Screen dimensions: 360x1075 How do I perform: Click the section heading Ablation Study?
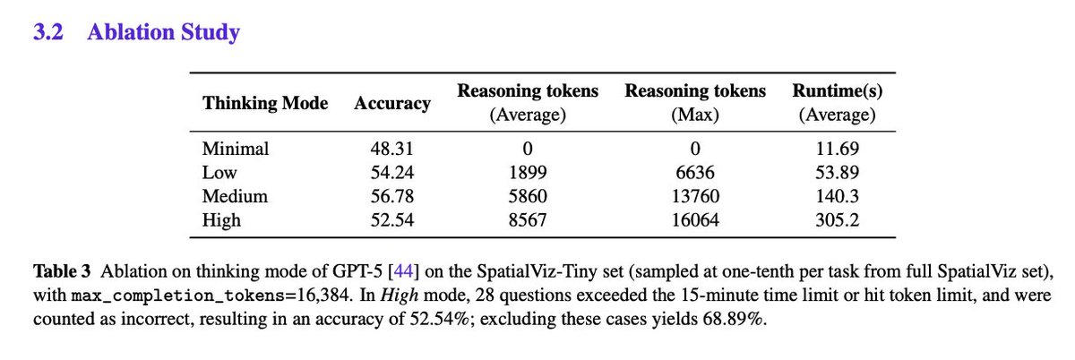click(163, 33)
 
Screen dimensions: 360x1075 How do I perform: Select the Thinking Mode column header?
click(266, 102)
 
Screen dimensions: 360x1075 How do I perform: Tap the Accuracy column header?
click(392, 102)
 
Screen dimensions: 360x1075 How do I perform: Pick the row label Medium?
click(236, 195)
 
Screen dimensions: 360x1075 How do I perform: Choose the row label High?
click(222, 219)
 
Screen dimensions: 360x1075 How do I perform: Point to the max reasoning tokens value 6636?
click(695, 172)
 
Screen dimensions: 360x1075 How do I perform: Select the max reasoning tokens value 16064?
click(695, 219)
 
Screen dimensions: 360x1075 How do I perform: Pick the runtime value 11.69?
click(835, 149)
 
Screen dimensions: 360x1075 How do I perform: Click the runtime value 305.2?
click(835, 219)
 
